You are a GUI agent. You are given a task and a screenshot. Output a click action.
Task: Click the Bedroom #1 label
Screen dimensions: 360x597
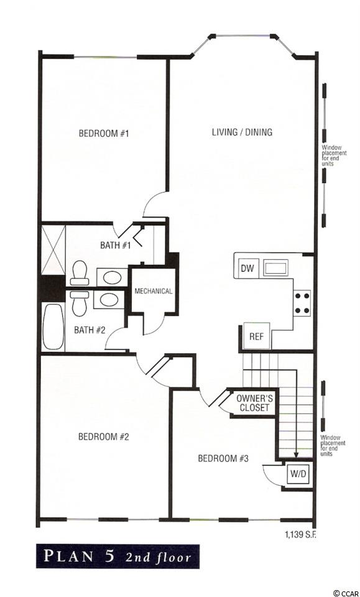[104, 134]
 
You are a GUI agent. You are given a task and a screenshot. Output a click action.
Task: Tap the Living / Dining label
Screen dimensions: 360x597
[242, 132]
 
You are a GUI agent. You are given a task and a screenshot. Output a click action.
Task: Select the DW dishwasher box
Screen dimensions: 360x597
[247, 268]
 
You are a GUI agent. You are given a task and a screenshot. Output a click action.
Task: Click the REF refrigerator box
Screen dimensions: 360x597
[257, 336]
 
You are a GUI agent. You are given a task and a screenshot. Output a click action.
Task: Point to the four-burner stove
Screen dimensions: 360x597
[302, 303]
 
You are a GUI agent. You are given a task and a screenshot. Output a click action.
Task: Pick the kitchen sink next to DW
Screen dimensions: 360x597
[277, 268]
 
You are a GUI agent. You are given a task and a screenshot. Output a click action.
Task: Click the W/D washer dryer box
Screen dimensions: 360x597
[298, 474]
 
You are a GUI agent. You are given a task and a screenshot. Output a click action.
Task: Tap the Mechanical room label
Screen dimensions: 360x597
[154, 291]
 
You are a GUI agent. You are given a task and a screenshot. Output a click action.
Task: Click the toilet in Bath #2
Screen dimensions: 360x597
[80, 303]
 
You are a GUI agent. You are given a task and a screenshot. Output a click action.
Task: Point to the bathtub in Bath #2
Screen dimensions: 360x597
[53, 326]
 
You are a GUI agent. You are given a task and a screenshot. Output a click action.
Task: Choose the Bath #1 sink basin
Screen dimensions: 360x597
[113, 277]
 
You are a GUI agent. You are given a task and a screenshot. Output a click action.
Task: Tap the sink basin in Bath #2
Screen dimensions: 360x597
[109, 300]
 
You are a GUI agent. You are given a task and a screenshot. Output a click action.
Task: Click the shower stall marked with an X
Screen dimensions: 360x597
[53, 250]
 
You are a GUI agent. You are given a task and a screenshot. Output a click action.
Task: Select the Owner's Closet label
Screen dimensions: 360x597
[253, 403]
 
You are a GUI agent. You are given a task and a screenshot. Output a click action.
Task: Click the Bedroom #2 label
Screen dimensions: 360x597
[103, 437]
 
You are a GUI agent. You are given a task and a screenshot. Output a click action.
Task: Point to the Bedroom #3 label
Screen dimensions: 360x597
[223, 458]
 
